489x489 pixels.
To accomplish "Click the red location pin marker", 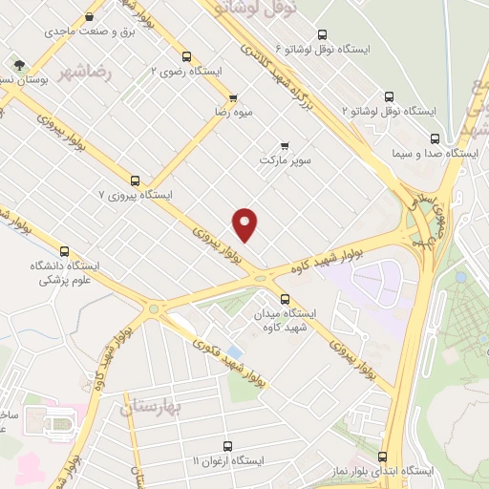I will click(x=245, y=223).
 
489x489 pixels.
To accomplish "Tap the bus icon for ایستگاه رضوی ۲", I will click(x=186, y=55).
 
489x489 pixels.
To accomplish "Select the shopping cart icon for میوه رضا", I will click(x=233, y=97).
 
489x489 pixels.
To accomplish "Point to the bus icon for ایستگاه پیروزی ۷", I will click(x=135, y=180).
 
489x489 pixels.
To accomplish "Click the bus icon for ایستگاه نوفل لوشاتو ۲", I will click(x=389, y=96).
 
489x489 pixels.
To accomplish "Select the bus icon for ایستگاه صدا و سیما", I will click(x=435, y=137).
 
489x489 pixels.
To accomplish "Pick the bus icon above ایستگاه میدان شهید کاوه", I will click(x=285, y=298).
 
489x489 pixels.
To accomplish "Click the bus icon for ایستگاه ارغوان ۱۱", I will click(x=227, y=445).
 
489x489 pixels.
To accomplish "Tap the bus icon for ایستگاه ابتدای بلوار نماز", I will click(x=382, y=457).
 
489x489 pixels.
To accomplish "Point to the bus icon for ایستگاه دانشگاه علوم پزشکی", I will click(x=64, y=251).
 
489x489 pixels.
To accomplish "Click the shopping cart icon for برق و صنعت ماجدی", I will click(x=90, y=16).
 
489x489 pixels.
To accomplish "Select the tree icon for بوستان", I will click(x=18, y=65).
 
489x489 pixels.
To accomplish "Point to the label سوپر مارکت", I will click(x=289, y=161).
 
